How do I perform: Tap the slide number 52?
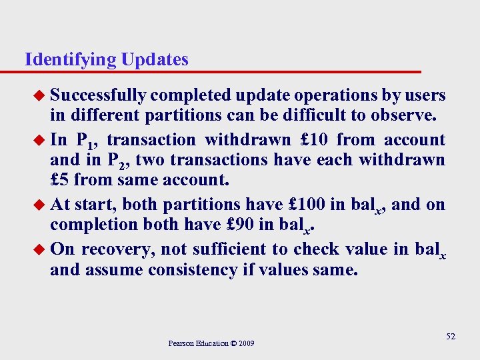pos(451,337)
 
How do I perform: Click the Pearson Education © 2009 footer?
pos(211,343)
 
